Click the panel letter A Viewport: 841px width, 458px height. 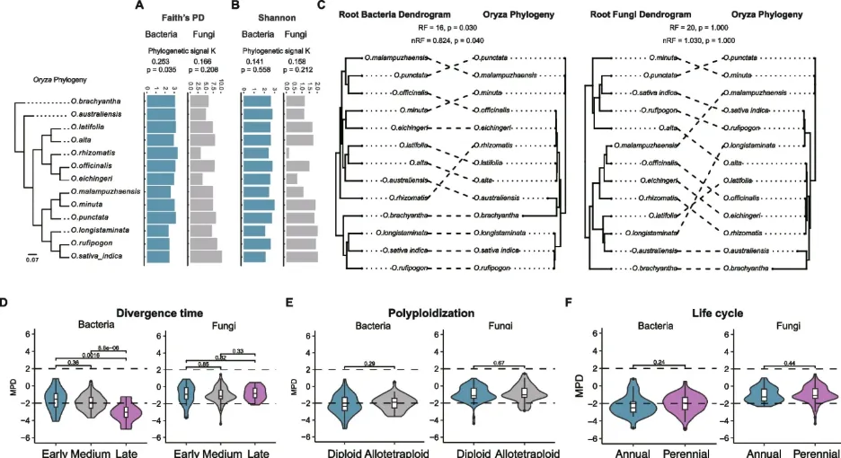click(140, 6)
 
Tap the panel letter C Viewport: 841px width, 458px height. click(322, 6)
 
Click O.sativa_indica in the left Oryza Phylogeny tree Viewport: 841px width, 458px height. click(98, 257)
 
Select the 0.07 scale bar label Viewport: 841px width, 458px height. click(32, 260)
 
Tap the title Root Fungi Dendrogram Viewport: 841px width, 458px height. click(641, 15)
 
